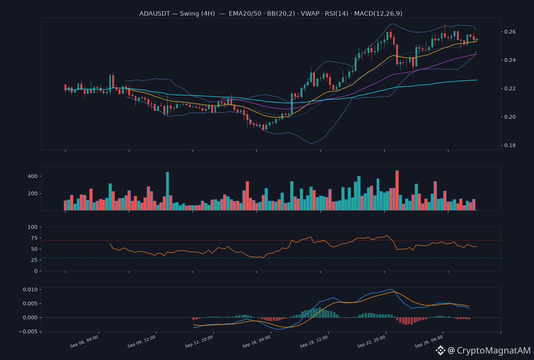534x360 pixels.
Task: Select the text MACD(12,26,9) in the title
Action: (x=378, y=14)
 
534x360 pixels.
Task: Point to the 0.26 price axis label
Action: (x=510, y=32)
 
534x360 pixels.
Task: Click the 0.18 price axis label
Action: (x=510, y=145)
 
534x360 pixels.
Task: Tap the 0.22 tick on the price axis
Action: (x=510, y=89)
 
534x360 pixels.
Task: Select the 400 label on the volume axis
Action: (x=33, y=176)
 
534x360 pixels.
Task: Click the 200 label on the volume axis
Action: (x=33, y=193)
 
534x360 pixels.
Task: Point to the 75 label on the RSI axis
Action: (x=34, y=238)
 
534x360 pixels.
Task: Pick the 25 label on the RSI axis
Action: (x=34, y=260)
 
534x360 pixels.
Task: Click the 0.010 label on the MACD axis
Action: (x=30, y=290)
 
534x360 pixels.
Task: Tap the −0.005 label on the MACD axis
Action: (x=28, y=331)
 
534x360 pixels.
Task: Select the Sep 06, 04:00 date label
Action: (x=84, y=341)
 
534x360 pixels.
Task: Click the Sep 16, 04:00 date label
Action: (x=256, y=341)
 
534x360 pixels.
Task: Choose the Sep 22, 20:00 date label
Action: (x=371, y=341)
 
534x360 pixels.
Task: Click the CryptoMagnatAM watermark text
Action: (x=494, y=350)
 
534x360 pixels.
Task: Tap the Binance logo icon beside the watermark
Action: (x=440, y=350)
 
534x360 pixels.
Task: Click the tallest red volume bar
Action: (x=397, y=190)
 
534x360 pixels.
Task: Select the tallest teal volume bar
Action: (x=168, y=191)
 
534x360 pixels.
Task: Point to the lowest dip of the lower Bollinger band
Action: (x=311, y=144)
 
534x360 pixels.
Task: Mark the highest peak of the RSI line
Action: (x=387, y=236)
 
